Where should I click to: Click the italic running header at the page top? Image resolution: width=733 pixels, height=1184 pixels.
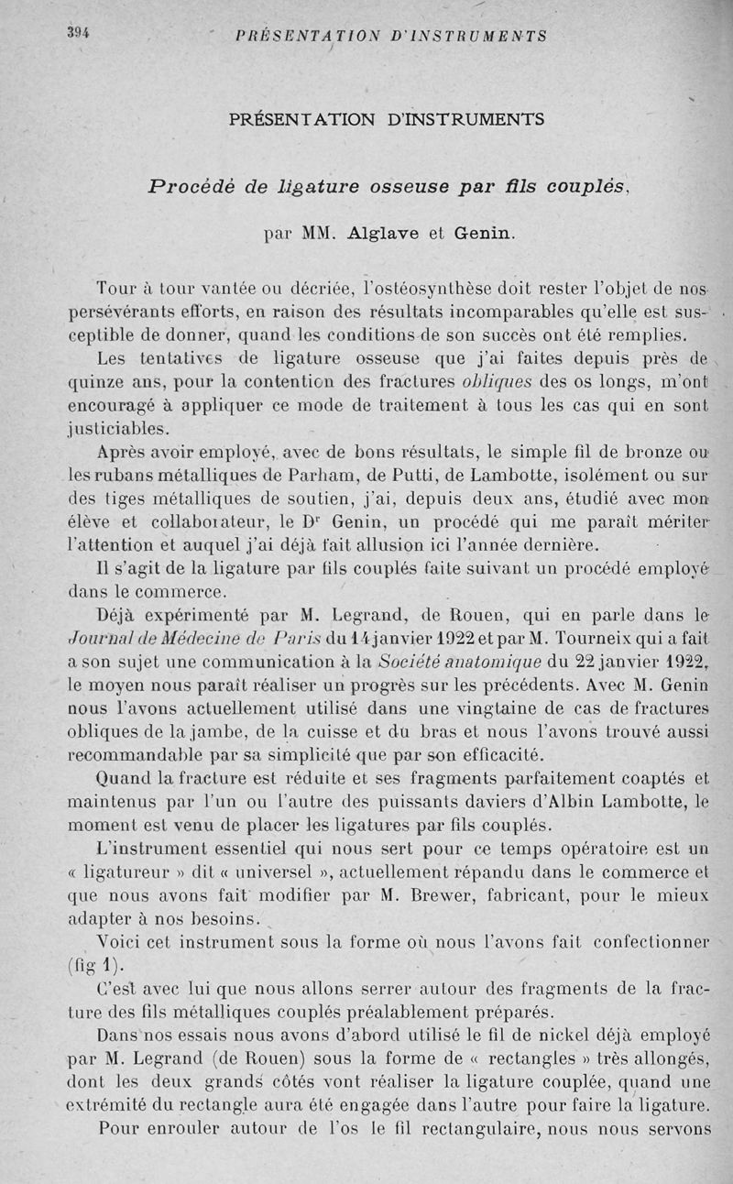point(391,37)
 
